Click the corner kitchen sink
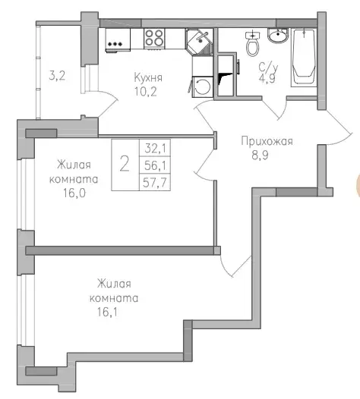198,39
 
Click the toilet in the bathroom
251,45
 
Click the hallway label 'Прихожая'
267,141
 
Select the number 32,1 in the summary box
153,149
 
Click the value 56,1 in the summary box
153,166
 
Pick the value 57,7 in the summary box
153,183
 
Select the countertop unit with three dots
116,42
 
